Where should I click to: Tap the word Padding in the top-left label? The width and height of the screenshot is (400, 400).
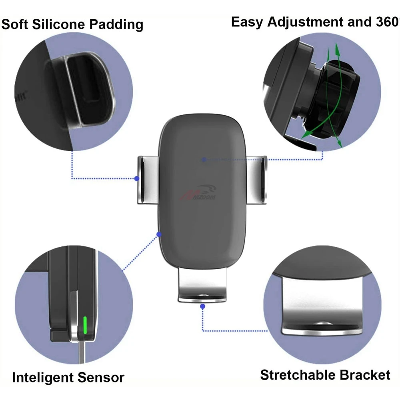pos(116,25)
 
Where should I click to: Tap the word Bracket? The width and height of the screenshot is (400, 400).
pos(365,375)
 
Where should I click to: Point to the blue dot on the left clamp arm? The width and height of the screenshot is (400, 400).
pos(137,178)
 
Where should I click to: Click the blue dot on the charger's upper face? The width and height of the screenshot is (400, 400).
pos(204,159)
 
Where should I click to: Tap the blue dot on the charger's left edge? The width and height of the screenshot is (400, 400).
pos(159,233)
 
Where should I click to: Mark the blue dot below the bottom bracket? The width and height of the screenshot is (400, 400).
pos(202,306)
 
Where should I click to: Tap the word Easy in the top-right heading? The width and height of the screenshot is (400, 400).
pos(247,22)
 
